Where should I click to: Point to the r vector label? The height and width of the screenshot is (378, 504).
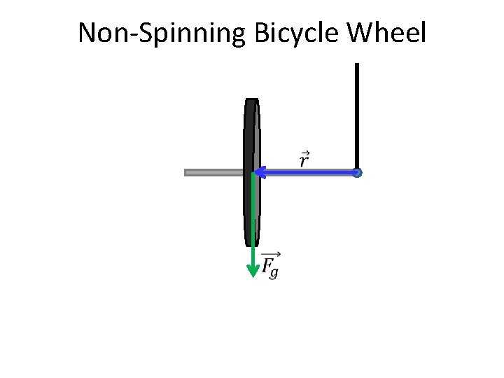(304, 160)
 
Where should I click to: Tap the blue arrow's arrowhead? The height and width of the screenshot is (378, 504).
(258, 171)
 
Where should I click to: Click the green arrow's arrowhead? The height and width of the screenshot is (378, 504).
(253, 272)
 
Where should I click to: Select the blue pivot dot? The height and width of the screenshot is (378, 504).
(357, 172)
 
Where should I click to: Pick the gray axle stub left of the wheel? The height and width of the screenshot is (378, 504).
(213, 172)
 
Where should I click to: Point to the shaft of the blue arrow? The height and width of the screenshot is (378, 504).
(308, 171)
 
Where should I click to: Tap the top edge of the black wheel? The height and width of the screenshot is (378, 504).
(252, 99)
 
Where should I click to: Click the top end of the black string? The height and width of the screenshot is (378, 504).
(357, 65)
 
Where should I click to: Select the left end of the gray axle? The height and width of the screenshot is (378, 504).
(186, 172)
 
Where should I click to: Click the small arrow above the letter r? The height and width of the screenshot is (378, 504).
(304, 152)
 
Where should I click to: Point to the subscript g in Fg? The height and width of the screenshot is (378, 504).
(274, 272)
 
